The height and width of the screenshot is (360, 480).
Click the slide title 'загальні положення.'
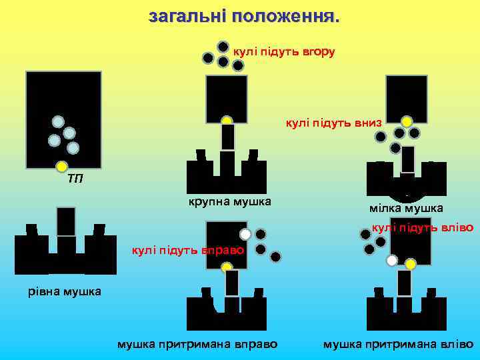tap(244, 16)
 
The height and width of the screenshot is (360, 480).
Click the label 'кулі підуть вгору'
tap(283, 51)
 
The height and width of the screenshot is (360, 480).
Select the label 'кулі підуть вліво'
tap(423, 227)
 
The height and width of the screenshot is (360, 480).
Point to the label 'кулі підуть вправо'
tap(189, 250)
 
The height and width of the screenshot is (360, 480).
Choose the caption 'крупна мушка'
tap(229, 201)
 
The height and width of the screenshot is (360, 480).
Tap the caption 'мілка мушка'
tap(406, 208)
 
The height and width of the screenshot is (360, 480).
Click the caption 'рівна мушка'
tap(65, 291)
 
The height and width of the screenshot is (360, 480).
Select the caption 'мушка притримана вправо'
tap(197, 344)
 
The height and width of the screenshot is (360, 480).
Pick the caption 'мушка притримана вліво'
tap(398, 344)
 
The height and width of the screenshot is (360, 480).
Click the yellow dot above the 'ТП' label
tap(61, 166)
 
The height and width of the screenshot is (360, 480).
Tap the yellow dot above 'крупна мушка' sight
tap(227, 121)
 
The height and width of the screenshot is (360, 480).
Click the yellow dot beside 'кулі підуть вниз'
tap(406, 121)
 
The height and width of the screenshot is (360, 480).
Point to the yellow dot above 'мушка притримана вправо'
tap(227, 268)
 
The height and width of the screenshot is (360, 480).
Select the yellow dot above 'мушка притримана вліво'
tap(411, 264)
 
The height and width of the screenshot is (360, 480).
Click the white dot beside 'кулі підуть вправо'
tap(245, 235)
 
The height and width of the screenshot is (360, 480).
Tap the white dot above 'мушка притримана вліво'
tap(392, 260)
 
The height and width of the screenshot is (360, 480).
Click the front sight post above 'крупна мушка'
tap(228, 137)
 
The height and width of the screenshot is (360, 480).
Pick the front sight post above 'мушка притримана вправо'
tap(231, 283)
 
